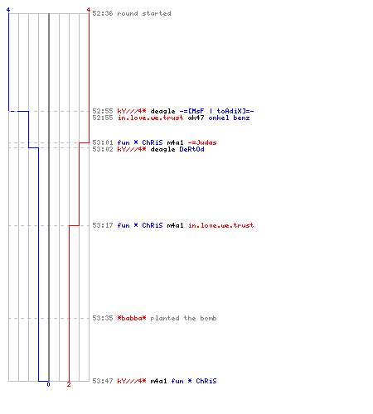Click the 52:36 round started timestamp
[x=103, y=13]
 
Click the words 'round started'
[x=144, y=13]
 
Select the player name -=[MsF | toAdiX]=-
[x=216, y=111]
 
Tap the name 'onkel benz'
[x=229, y=118]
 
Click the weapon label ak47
[x=196, y=118]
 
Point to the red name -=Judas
[x=202, y=142]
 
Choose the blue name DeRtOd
[x=191, y=149]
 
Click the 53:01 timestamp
[x=103, y=142]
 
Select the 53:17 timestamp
[x=103, y=225]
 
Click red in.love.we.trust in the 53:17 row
[x=220, y=225]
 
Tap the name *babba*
[x=132, y=318]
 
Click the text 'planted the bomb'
[x=183, y=318]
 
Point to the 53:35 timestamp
[x=103, y=318]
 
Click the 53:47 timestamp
[x=103, y=381]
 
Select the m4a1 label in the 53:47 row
[x=158, y=381]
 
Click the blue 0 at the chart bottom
[x=48, y=384]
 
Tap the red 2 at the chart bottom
[x=69, y=384]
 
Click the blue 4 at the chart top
[x=8, y=10]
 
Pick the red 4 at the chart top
[x=89, y=10]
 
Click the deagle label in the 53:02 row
[x=162, y=149]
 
